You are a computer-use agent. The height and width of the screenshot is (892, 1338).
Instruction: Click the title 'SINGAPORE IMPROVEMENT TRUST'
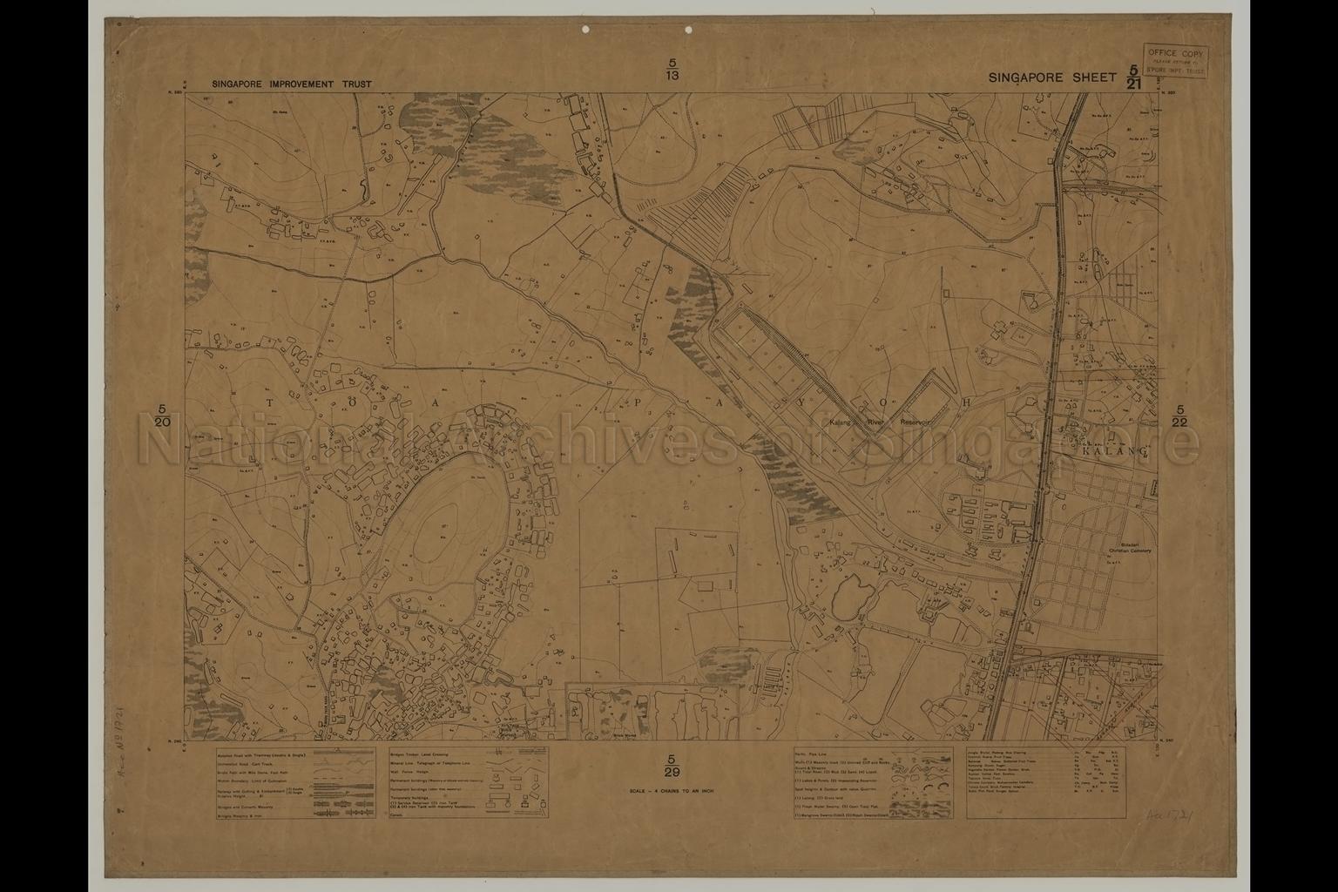coord(291,84)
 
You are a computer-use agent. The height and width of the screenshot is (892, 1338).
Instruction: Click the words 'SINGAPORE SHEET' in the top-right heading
coord(1051,78)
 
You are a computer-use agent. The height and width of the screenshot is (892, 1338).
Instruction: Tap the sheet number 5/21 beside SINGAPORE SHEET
coord(1132,78)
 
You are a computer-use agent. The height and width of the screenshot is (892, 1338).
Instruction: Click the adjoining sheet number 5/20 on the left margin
coord(162,416)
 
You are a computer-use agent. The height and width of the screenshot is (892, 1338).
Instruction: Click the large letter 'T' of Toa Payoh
coord(269,403)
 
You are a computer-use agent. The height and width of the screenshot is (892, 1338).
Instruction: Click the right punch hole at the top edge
coord(688,30)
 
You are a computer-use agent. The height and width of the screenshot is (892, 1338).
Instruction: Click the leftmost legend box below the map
coord(296,782)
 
